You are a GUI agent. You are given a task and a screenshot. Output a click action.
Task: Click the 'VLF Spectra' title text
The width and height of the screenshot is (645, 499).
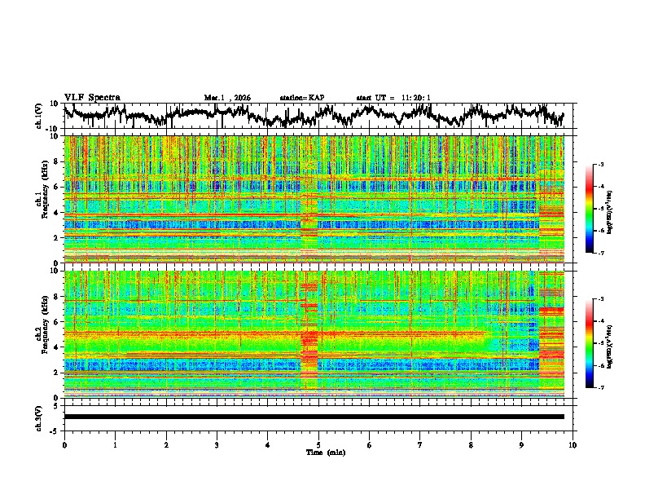tap(92, 97)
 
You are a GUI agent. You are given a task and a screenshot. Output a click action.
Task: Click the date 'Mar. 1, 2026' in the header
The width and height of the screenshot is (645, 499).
tap(227, 98)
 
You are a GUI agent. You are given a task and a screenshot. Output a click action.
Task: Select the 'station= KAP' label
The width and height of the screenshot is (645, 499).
tap(301, 98)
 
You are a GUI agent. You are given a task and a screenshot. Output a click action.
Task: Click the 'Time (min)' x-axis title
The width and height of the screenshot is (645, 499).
tap(325, 452)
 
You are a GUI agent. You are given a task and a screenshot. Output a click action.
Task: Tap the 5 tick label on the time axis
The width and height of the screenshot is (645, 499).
tap(318, 444)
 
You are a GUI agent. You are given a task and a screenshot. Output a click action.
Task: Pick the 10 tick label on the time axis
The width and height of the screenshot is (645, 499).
tap(573, 444)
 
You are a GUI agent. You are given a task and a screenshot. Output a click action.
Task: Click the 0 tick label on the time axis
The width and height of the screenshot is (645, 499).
tap(64, 444)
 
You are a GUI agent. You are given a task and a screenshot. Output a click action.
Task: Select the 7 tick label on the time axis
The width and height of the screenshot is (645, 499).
tap(420, 444)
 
